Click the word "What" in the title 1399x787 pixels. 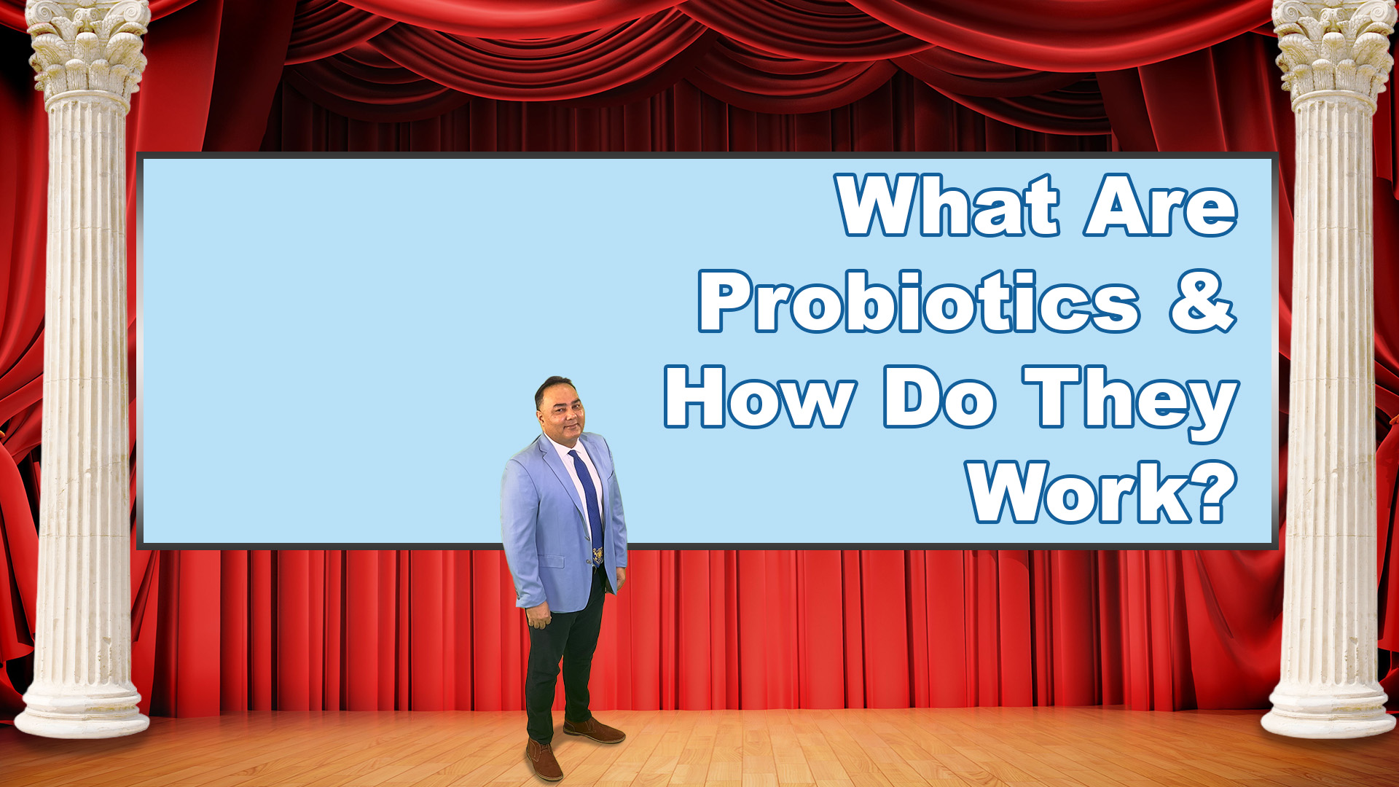point(948,205)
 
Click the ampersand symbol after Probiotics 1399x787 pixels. point(1203,302)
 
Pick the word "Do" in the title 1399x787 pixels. point(939,397)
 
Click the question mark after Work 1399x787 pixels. point(1218,492)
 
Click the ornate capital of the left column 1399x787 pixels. point(88,48)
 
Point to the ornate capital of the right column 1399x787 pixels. point(1333,48)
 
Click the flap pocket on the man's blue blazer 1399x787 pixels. point(551,562)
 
